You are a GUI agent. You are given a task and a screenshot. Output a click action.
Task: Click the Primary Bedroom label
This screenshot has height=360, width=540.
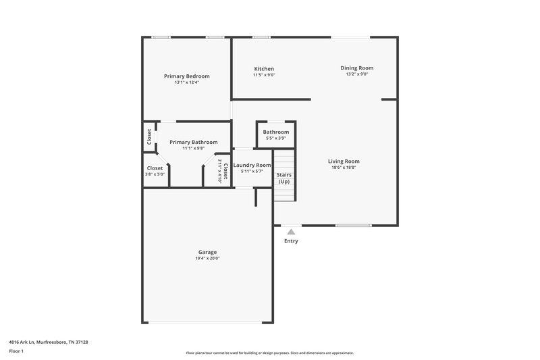pyautogui.click(x=186, y=76)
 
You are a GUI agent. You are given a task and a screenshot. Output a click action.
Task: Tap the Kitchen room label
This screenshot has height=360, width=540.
pyautogui.click(x=264, y=69)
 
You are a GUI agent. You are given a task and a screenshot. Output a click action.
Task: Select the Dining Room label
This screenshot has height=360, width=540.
pyautogui.click(x=356, y=68)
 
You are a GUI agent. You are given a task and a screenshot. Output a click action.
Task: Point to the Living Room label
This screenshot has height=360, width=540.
pyautogui.click(x=344, y=161)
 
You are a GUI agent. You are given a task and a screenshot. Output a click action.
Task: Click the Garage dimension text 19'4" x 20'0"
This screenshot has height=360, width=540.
pyautogui.click(x=207, y=258)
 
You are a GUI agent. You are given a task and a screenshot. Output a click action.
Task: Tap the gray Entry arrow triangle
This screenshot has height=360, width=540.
pyautogui.click(x=291, y=232)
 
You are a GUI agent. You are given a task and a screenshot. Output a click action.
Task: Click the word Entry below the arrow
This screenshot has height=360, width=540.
pyautogui.click(x=291, y=241)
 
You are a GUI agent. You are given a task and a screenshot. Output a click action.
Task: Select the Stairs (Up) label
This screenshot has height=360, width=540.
pyautogui.click(x=284, y=178)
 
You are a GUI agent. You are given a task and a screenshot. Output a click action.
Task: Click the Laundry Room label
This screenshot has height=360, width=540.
pyautogui.click(x=252, y=165)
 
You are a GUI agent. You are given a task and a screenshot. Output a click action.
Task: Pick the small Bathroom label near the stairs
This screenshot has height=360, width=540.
pyautogui.click(x=275, y=132)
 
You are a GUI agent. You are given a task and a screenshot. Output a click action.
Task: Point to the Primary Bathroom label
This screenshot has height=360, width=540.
pyautogui.click(x=193, y=142)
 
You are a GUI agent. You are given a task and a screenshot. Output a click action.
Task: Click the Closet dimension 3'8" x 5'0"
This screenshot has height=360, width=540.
pyautogui.click(x=155, y=174)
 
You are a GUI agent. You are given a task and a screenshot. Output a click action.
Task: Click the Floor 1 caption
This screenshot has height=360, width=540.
pyautogui.click(x=17, y=351)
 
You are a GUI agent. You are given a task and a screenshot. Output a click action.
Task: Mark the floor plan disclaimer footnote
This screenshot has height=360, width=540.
pyautogui.click(x=269, y=353)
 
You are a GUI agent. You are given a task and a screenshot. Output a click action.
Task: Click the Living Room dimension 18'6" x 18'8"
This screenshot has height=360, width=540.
pyautogui.click(x=344, y=168)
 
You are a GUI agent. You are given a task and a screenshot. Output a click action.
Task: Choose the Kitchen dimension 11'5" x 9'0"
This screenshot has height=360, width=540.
pyautogui.click(x=264, y=75)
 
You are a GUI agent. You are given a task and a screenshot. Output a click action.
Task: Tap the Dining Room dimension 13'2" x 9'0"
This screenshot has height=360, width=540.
pyautogui.click(x=356, y=74)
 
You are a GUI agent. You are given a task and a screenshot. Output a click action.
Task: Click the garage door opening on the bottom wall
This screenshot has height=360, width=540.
pyautogui.click(x=207, y=322)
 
